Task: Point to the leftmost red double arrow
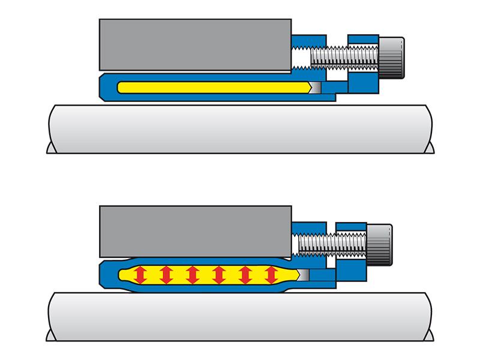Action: (140, 275)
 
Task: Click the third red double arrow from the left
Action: (192, 275)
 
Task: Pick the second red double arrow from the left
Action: (166, 275)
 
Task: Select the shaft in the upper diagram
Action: (240, 129)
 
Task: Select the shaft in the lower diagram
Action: (240, 315)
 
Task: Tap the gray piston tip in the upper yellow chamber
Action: (315, 87)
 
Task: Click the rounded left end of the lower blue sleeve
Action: (106, 275)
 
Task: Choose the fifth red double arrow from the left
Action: (244, 275)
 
